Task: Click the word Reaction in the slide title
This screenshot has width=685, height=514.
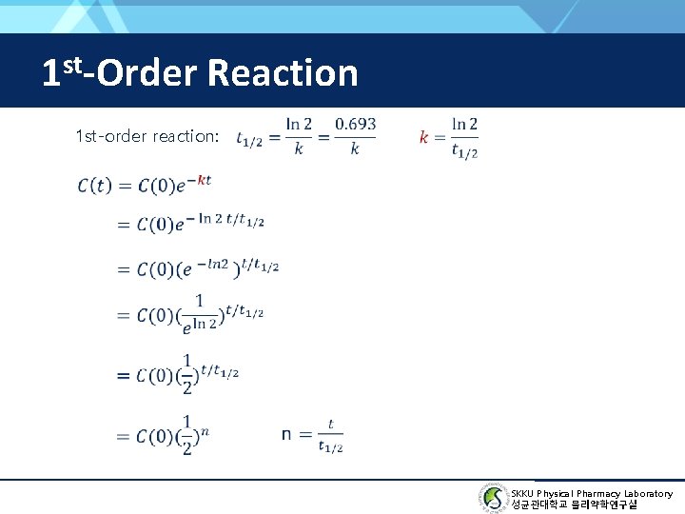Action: coord(281,72)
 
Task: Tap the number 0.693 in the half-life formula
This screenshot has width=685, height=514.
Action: coord(355,124)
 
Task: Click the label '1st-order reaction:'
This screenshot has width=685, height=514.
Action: coord(147,136)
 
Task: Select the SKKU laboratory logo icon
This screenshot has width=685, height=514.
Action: coord(494,497)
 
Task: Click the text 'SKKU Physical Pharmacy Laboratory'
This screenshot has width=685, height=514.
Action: coord(591,493)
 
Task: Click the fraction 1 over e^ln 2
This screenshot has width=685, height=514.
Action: coord(199,312)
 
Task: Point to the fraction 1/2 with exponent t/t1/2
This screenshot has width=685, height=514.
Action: coord(187,373)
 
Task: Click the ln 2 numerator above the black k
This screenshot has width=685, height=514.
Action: coord(299,124)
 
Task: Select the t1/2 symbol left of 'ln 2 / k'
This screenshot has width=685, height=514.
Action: coord(249,139)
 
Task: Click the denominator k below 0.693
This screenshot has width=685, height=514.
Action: coord(355,149)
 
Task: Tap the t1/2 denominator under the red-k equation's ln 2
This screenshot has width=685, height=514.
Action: coord(464,150)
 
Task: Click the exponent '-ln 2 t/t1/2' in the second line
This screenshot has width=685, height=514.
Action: coord(230,220)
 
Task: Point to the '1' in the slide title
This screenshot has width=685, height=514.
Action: coord(51,73)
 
